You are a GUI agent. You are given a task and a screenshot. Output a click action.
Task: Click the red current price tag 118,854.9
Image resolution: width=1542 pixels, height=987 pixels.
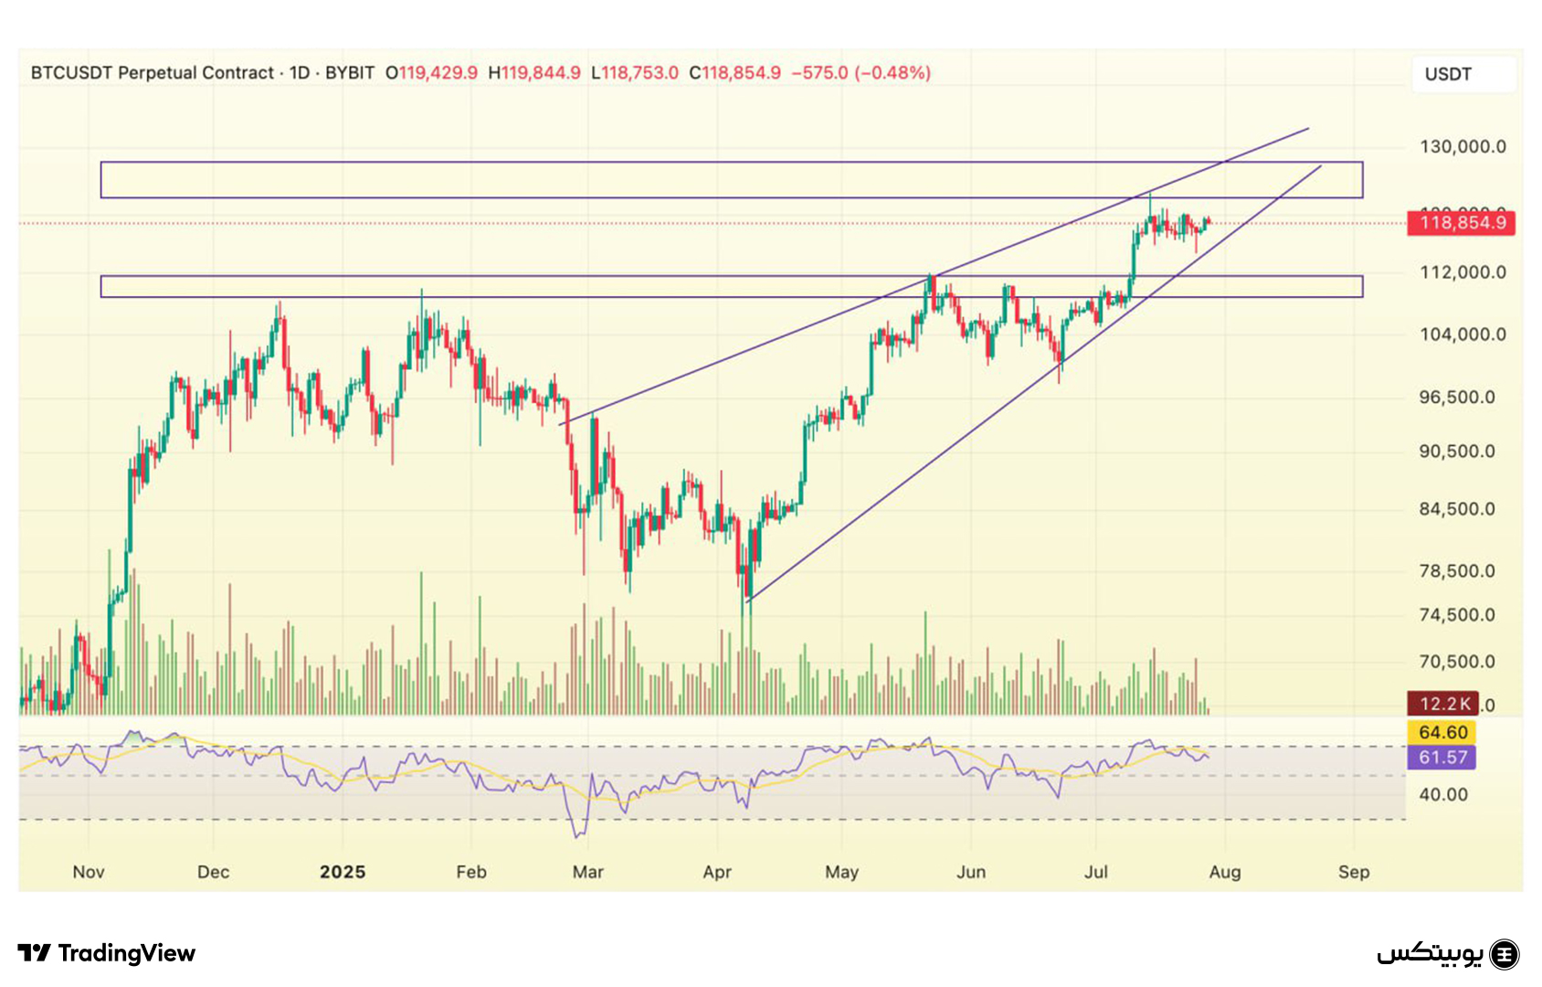(x=1461, y=223)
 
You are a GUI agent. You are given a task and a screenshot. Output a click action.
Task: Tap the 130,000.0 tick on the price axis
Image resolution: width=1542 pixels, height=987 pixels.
(x=1463, y=146)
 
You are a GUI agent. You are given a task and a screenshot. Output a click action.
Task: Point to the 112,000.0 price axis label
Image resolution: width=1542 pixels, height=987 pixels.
(x=1463, y=272)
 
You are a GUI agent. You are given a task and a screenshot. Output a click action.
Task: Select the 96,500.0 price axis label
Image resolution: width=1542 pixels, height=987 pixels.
(x=1463, y=398)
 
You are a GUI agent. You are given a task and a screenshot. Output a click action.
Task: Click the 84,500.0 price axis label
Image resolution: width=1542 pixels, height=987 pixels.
(x=1463, y=509)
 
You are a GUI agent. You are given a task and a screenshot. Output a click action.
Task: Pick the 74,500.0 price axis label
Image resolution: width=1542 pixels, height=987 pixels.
(x=1463, y=615)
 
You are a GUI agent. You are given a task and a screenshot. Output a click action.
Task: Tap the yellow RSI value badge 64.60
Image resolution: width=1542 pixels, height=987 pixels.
(x=1442, y=732)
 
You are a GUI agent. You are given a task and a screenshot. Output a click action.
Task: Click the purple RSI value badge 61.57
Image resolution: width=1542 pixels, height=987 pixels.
(x=1442, y=757)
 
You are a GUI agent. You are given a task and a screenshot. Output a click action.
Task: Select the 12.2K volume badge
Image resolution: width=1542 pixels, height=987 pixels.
(x=1442, y=704)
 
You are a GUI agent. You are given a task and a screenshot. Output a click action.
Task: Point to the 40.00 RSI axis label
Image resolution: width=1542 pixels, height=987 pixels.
(x=1443, y=794)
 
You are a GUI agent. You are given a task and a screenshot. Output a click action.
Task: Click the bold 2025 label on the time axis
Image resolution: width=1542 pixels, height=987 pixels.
(x=343, y=872)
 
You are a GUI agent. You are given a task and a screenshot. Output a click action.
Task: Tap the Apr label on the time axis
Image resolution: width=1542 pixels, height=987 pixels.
(x=717, y=872)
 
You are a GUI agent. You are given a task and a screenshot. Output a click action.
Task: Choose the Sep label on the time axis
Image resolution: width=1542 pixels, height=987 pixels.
(x=1354, y=872)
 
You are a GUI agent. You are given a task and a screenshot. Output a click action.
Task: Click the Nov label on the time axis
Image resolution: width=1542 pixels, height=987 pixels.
(x=89, y=872)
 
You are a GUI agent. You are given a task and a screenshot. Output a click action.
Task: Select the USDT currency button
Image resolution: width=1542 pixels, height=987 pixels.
(x=1449, y=74)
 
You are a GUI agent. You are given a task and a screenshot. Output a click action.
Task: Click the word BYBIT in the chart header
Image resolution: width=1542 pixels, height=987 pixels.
(x=350, y=73)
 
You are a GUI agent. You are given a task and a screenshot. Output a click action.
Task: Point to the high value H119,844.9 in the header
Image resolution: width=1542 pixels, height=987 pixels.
(x=534, y=73)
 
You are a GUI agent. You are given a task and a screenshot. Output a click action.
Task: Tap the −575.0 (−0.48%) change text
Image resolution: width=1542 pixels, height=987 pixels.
(x=861, y=73)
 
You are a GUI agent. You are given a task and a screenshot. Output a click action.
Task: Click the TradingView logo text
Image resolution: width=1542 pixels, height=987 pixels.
(x=107, y=953)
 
